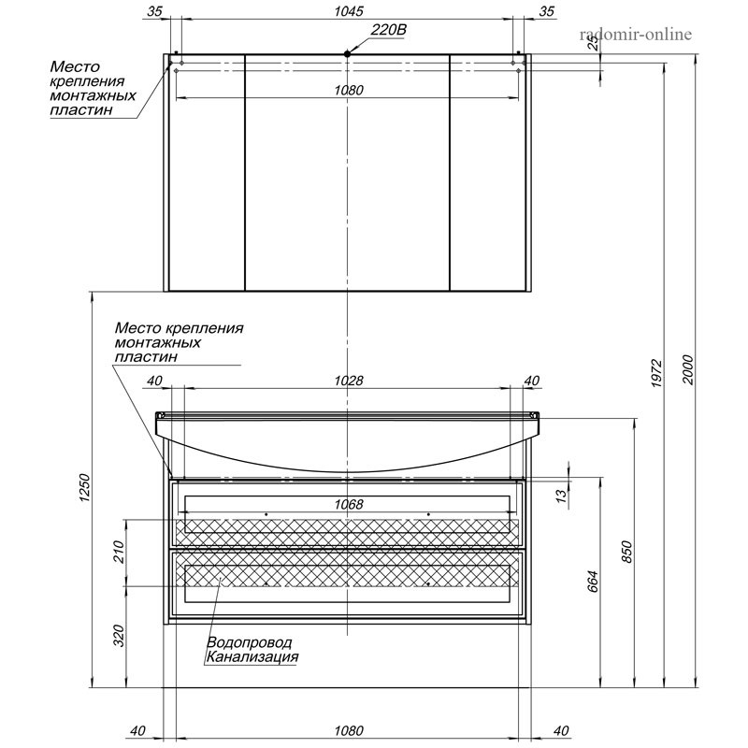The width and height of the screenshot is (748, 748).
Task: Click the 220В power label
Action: click(x=388, y=30)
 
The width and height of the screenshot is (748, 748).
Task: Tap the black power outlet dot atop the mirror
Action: click(x=347, y=54)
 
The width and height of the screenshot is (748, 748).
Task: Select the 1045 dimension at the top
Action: click(x=349, y=11)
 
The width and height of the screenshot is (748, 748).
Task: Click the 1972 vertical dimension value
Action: click(x=657, y=373)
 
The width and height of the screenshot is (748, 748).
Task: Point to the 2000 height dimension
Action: click(x=688, y=369)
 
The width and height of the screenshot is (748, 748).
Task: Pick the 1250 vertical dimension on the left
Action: click(x=85, y=487)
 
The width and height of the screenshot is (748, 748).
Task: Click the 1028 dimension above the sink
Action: click(x=349, y=381)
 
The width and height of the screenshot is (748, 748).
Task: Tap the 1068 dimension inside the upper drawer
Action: click(x=349, y=504)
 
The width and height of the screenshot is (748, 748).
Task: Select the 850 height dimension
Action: click(x=626, y=552)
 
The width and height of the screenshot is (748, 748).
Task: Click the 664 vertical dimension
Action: click(x=592, y=582)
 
